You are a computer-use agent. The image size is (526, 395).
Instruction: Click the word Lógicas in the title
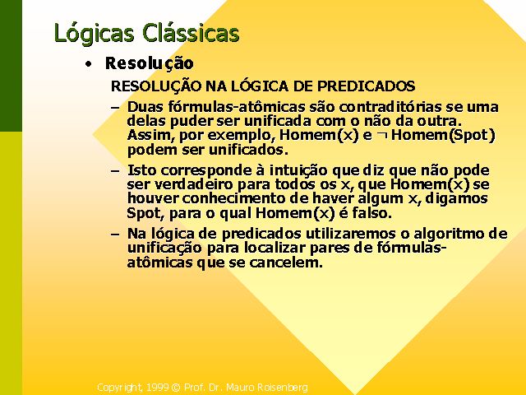point(94,33)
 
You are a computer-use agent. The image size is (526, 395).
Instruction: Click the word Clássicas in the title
point(191,33)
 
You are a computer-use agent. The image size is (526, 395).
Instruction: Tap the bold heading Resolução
point(150,63)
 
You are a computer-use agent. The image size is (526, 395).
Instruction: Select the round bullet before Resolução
point(88,64)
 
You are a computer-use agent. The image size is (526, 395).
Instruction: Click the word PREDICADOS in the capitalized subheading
point(367,86)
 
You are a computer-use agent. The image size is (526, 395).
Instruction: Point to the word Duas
point(145,107)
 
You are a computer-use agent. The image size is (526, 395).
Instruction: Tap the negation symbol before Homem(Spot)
point(381,135)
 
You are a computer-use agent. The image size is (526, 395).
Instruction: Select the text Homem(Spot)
point(443,135)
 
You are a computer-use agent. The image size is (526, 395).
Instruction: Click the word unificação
point(164,249)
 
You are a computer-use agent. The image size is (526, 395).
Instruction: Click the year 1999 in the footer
point(157,388)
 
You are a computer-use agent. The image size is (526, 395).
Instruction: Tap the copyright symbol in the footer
point(176,388)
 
